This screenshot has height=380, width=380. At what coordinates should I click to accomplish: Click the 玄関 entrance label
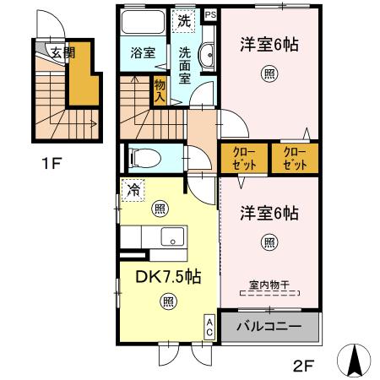61,52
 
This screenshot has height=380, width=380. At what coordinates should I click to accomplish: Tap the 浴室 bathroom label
143,52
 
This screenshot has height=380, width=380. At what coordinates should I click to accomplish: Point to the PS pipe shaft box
209,14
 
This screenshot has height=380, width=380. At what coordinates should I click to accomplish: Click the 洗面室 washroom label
185,65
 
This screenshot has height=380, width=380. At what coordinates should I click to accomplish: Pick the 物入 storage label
159,90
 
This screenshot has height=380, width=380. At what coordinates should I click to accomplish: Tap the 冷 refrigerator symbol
132,189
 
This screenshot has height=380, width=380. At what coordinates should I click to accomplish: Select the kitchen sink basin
173,237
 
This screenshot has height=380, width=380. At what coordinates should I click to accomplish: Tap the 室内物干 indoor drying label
269,285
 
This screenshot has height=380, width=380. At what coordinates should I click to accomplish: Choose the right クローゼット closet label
295,157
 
